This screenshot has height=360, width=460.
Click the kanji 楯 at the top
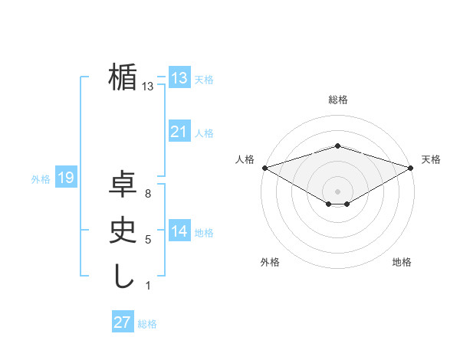tap(123, 78)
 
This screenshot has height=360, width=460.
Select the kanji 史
tap(123, 231)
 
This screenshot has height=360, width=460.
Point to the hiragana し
tap(123, 276)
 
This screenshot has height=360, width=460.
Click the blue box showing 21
tap(179, 133)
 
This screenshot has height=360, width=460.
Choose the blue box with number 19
tap(65, 178)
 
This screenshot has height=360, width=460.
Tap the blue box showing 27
tap(122, 322)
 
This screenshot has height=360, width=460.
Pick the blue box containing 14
tap(179, 232)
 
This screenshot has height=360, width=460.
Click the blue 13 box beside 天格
tap(179, 78)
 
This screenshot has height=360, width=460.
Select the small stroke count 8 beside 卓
tap(147, 195)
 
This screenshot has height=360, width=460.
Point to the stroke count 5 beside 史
tap(147, 241)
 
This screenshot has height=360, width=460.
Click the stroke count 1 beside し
tap(147, 286)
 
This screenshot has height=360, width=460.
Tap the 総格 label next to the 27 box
tap(147, 324)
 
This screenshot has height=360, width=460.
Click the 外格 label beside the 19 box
tap(41, 179)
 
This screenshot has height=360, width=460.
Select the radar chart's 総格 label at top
tap(337, 100)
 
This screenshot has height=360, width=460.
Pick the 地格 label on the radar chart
tap(402, 262)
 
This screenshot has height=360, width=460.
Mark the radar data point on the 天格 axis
tap(411, 167)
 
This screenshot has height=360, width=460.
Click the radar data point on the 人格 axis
tap(264, 167)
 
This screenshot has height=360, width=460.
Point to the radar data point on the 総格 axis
tap(337, 146)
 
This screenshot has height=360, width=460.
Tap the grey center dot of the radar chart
tap(337, 191)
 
